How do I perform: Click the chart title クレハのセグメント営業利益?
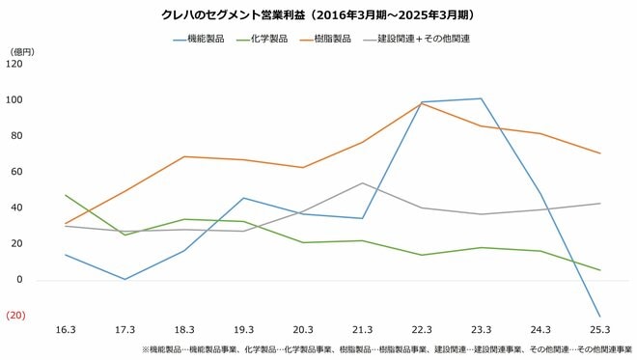(x=318, y=16)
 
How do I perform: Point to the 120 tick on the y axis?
(x=14, y=65)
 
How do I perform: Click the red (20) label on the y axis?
(x=14, y=317)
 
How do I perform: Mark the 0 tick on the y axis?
(x=19, y=281)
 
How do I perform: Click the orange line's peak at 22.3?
(x=422, y=103)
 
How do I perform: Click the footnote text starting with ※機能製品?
(x=386, y=349)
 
